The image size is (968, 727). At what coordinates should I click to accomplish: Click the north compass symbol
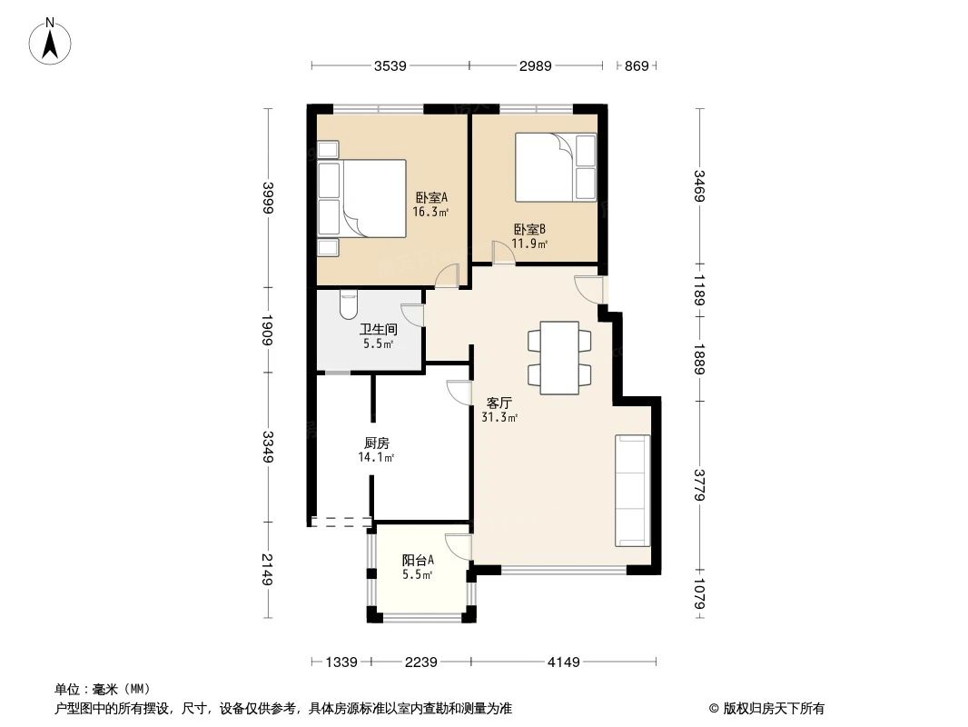(x=52, y=42)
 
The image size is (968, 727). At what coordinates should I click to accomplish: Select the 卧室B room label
(x=529, y=236)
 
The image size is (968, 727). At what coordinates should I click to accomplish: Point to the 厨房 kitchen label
(x=377, y=450)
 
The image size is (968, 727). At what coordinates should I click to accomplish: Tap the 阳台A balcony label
(x=418, y=567)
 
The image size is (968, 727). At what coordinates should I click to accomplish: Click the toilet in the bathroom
(x=349, y=304)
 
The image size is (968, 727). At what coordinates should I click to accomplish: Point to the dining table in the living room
(x=559, y=357)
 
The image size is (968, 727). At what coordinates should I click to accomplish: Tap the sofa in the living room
(x=632, y=491)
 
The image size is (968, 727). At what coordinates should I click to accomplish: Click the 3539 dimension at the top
(x=390, y=65)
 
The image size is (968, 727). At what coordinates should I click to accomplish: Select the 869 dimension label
(x=637, y=65)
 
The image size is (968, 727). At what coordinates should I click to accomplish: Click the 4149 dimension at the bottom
(x=563, y=662)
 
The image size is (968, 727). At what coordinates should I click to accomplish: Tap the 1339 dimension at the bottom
(x=341, y=662)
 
